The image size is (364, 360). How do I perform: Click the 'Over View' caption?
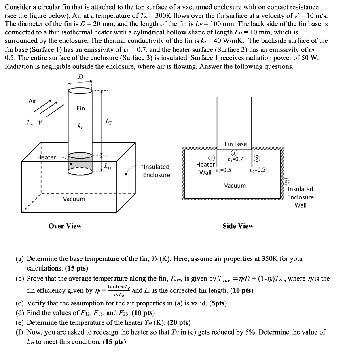[x=65, y=226]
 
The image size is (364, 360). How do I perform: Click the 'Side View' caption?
[x=238, y=226]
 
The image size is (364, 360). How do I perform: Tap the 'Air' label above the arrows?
[x=32, y=101]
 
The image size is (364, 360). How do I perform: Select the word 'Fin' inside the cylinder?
[x=80, y=108]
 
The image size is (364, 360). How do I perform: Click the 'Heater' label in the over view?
[x=46, y=157]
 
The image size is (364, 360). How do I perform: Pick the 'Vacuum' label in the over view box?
[x=74, y=199]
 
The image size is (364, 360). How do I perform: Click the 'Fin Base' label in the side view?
[x=236, y=144]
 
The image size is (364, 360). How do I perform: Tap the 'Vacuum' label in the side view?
[x=235, y=186]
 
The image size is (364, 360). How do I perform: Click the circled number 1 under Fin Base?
[x=234, y=153]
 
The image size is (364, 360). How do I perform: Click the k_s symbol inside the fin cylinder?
[x=80, y=127]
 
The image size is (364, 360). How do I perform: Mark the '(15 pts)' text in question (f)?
[x=114, y=342]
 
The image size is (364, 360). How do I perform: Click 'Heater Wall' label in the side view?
[x=205, y=169]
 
